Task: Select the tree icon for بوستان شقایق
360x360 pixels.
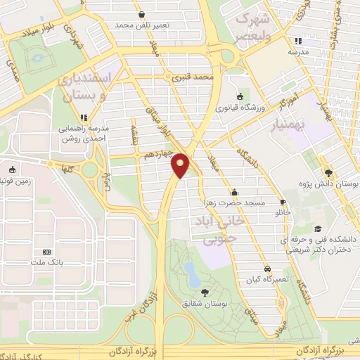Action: point(205,292)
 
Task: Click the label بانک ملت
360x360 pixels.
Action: point(47,262)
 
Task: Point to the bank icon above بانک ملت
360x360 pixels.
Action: point(47,252)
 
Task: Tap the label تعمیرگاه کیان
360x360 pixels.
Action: point(268,279)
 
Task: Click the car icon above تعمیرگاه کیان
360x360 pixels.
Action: point(268,269)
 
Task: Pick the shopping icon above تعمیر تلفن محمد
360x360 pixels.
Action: point(143,14)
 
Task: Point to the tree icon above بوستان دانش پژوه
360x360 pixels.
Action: point(330,172)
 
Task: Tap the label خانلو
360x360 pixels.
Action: point(283,211)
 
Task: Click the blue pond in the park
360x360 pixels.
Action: point(191,274)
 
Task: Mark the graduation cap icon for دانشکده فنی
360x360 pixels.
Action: point(318,229)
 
